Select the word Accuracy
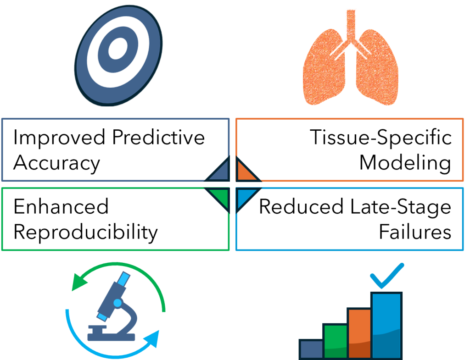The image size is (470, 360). [x=56, y=163]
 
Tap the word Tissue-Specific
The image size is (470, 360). [x=380, y=137]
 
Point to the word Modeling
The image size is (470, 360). [x=405, y=163]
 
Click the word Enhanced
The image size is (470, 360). [x=61, y=207]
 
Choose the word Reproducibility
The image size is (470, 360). [x=85, y=233]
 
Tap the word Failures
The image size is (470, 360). [x=415, y=233]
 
